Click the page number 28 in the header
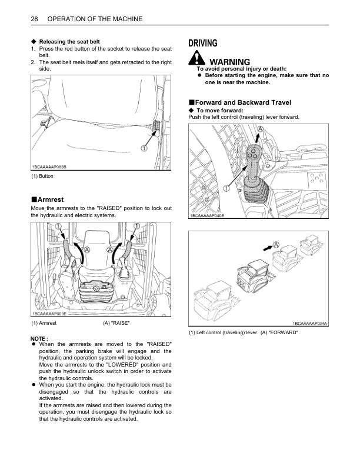click(x=34, y=19)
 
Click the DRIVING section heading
click(x=202, y=43)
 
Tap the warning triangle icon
click(x=196, y=59)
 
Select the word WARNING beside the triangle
click(x=229, y=62)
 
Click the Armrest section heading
click(x=50, y=200)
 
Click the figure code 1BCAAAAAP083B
click(x=49, y=166)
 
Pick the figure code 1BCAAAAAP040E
click(x=206, y=215)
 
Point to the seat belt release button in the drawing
click(x=157, y=127)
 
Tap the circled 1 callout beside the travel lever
click(x=226, y=188)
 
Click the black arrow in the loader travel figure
click(x=265, y=248)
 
